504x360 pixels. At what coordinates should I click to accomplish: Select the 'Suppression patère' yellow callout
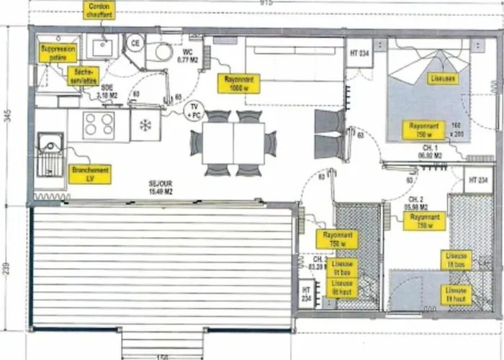tap(57, 52)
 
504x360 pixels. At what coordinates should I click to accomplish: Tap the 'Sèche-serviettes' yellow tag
tap(84, 76)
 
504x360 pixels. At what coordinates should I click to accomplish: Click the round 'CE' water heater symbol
tap(134, 44)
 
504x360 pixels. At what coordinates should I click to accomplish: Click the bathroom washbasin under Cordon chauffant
tap(104, 48)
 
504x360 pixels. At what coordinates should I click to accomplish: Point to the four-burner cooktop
tap(99, 125)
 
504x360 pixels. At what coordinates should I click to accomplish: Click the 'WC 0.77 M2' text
tap(187, 56)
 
